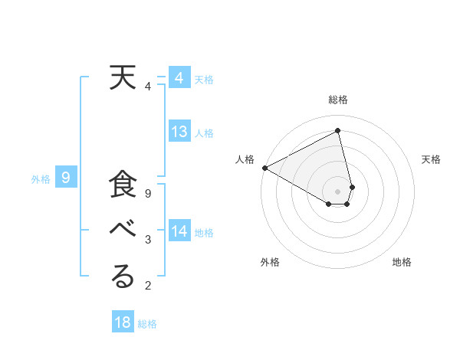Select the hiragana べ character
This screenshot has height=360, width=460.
click(x=122, y=231)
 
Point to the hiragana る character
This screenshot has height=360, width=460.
click(x=122, y=277)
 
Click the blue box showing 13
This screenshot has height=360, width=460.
click(x=179, y=132)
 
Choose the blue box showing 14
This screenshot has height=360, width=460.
click(x=179, y=231)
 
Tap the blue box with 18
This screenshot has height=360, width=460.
click(x=123, y=322)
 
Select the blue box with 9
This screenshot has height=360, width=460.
click(x=67, y=178)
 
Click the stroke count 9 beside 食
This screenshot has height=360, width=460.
click(x=148, y=194)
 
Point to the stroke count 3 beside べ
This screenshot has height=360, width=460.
click(x=148, y=240)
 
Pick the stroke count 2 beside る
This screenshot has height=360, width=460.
click(x=148, y=286)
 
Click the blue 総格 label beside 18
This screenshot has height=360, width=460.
click(x=147, y=324)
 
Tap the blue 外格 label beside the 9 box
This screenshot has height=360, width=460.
click(x=41, y=179)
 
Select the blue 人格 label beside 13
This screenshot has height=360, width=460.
click(x=204, y=133)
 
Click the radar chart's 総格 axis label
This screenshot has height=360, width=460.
click(x=338, y=100)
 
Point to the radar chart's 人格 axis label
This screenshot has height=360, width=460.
click(x=245, y=159)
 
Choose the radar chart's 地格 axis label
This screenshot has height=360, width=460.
click(x=402, y=262)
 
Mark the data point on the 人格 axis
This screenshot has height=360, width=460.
click(x=264, y=167)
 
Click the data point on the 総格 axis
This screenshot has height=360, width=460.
click(x=338, y=131)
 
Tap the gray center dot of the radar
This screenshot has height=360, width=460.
click(x=338, y=191)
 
